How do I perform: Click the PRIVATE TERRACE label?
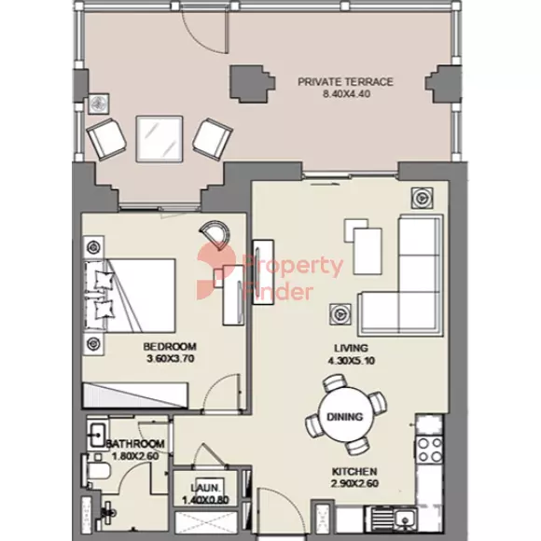tap(345, 82)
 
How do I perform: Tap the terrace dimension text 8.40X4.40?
tap(346, 94)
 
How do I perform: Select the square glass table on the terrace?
tap(160, 139)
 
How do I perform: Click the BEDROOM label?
tap(170, 346)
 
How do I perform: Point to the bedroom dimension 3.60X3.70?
tap(171, 358)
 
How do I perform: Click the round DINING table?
tap(345, 416)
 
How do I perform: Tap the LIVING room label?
tap(352, 348)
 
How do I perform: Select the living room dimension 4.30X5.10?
tap(352, 361)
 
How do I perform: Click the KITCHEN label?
tap(354, 471)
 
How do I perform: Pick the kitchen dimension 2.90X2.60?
tap(354, 483)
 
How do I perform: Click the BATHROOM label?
tap(135, 444)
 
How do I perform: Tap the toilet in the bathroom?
tap(96, 471)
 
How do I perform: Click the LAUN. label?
tap(205, 488)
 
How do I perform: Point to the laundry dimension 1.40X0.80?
tap(205, 500)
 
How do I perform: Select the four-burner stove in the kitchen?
tap(429, 450)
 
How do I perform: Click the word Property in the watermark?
tap(293, 266)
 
